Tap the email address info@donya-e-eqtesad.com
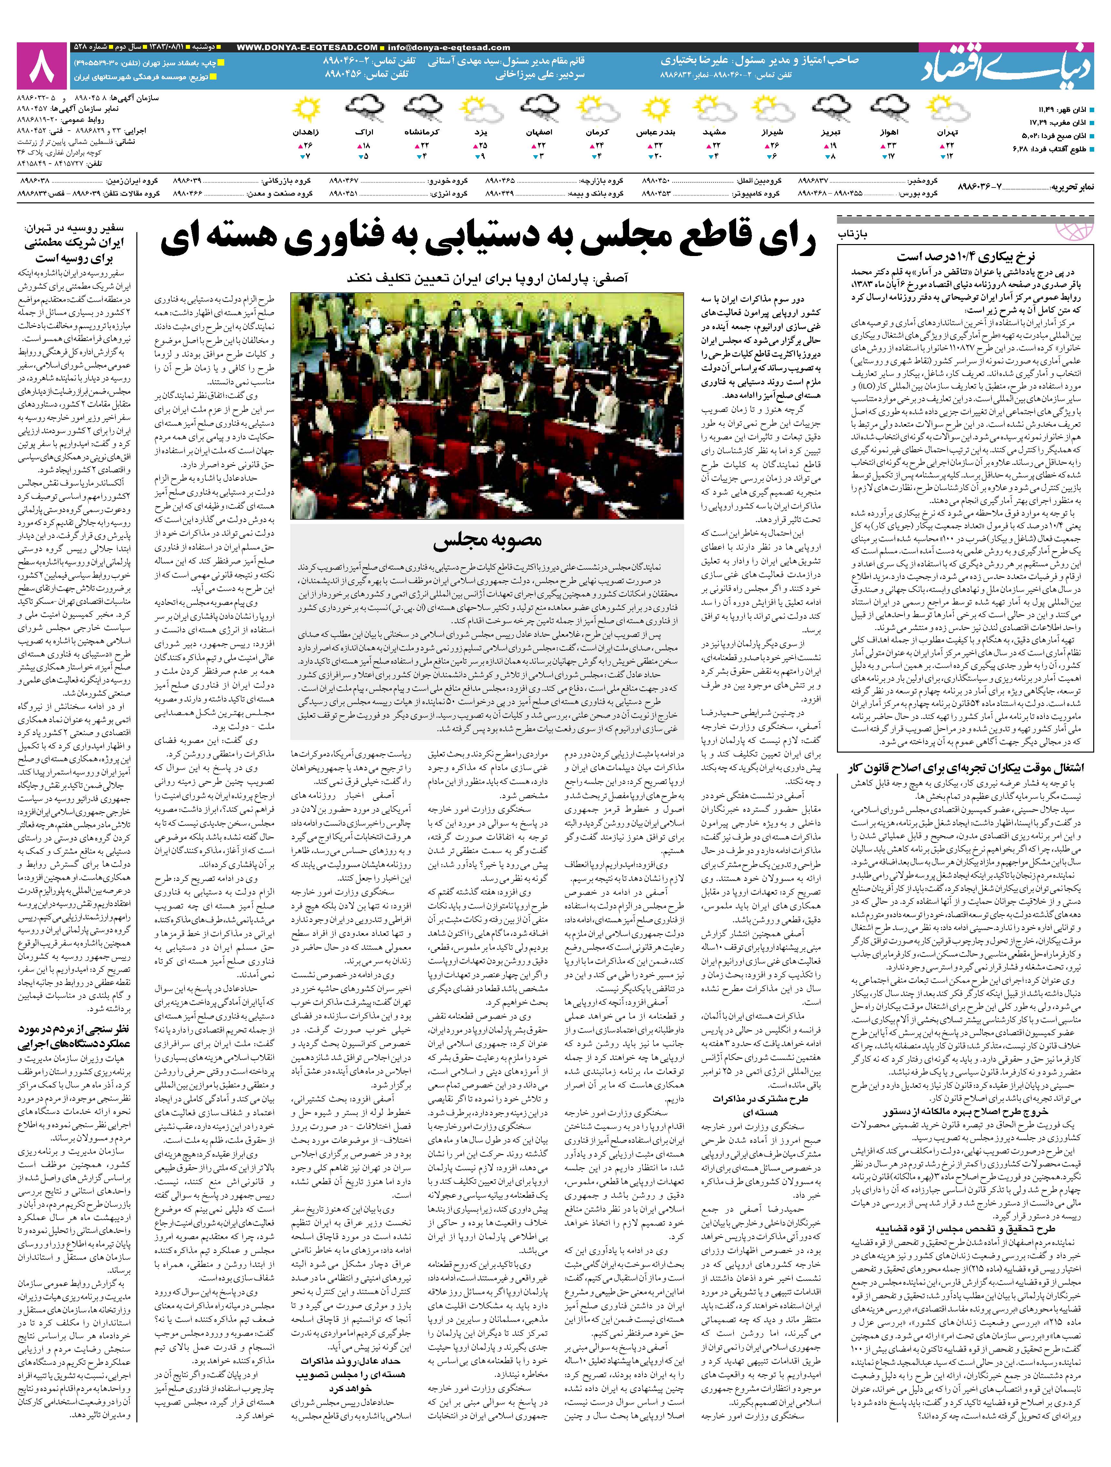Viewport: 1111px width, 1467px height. coord(450,47)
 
